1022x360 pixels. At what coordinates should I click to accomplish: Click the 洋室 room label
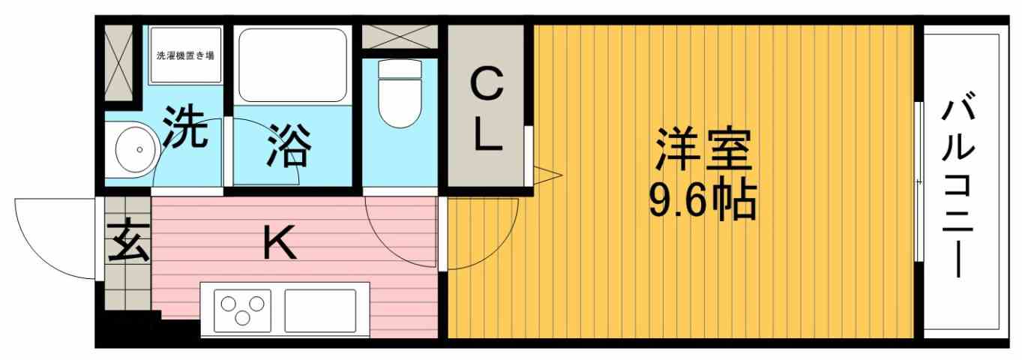click(703, 151)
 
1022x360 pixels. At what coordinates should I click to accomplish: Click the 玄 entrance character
click(125, 242)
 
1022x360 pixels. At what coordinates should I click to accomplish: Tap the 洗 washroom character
click(185, 129)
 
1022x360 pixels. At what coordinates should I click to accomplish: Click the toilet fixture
click(400, 93)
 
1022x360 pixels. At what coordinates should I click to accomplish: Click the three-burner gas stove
click(242, 308)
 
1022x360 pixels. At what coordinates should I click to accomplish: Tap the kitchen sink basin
click(319, 308)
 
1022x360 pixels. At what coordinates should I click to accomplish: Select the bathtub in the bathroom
click(292, 64)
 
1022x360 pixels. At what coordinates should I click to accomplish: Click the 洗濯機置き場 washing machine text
click(185, 55)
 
